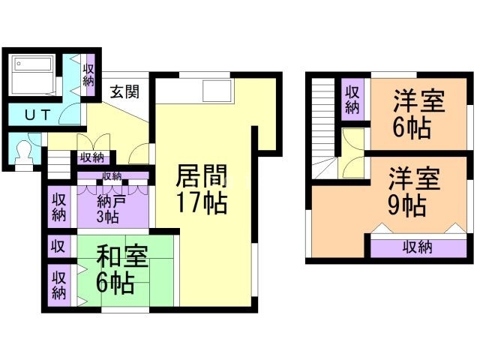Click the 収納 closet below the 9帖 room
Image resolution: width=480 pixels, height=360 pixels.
tap(421, 246)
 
